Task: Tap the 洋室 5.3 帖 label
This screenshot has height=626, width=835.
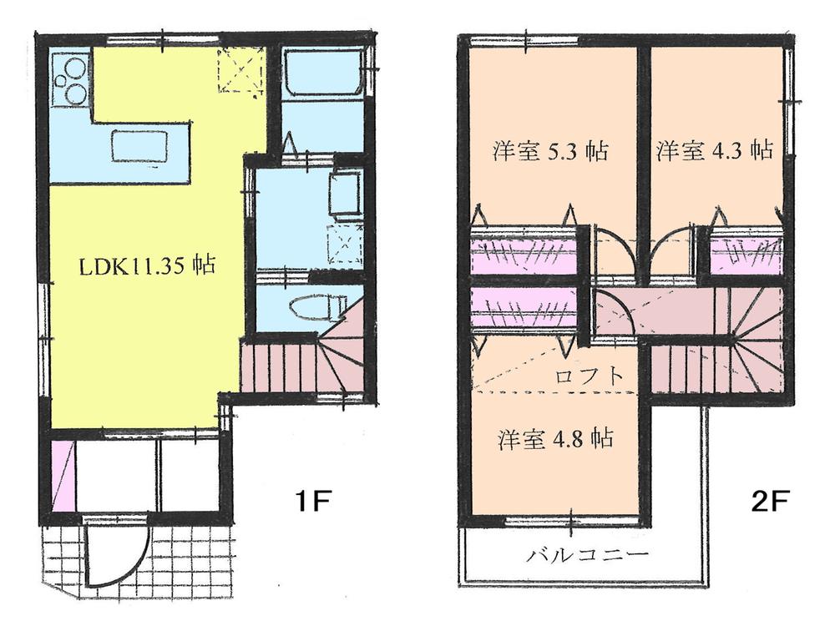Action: pyautogui.click(x=549, y=152)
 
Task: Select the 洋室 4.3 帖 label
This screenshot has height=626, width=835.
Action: pyautogui.click(x=714, y=151)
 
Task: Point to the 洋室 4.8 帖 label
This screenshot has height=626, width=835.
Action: pyautogui.click(x=556, y=438)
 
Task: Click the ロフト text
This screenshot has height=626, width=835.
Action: pyautogui.click(x=590, y=375)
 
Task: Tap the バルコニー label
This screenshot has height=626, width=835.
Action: pyautogui.click(x=577, y=555)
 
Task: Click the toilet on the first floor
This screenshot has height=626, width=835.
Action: pyautogui.click(x=318, y=309)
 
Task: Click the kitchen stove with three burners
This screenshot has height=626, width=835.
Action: pyautogui.click(x=69, y=78)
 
